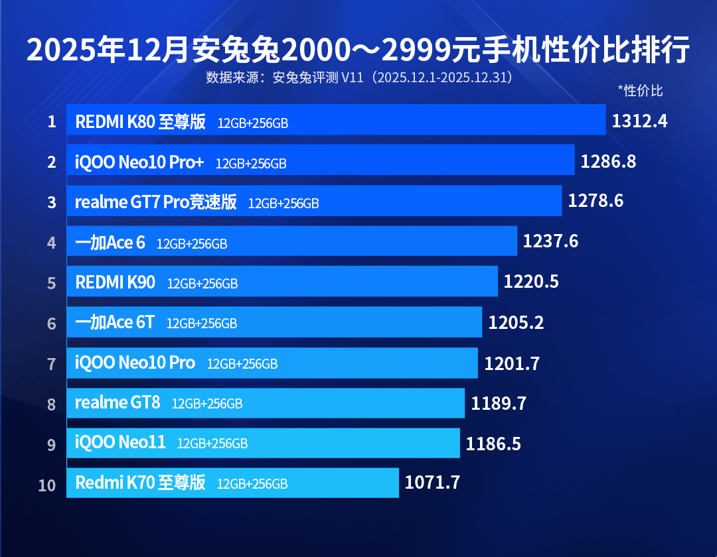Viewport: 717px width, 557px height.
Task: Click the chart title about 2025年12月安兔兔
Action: [358, 50]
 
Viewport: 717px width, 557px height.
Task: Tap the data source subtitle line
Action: [359, 78]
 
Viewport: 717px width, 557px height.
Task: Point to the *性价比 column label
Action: [640, 91]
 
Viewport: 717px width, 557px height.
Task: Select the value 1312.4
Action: [639, 121]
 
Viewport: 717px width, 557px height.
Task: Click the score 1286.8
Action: [608, 161]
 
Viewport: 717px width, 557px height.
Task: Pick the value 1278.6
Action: [596, 201]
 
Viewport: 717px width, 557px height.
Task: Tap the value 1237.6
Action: [550, 241]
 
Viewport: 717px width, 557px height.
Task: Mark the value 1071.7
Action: [432, 483]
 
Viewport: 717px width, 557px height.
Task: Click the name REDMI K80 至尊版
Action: [141, 122]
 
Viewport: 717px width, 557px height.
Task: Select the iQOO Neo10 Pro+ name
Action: [139, 162]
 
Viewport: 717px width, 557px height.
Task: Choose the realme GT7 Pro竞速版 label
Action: [156, 202]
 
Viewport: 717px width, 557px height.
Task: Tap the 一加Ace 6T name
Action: [115, 322]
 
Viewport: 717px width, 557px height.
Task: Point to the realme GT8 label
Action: [118, 402]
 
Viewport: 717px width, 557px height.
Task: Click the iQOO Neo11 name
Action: [120, 442]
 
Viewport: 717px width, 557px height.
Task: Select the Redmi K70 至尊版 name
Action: [141, 483]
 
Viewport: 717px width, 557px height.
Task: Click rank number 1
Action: [51, 122]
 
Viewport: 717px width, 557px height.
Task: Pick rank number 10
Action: [47, 485]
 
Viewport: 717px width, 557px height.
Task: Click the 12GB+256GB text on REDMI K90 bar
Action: [202, 284]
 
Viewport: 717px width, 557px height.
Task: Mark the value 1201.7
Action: [512, 363]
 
